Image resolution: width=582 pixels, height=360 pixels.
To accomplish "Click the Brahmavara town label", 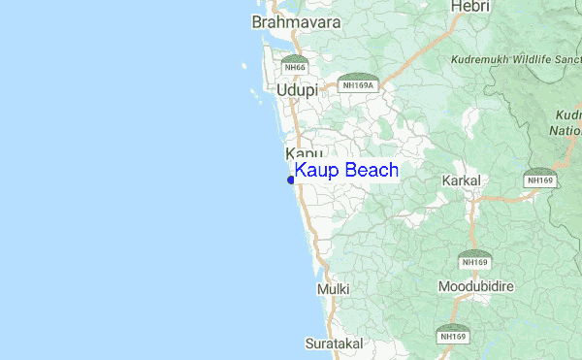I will point(290,20).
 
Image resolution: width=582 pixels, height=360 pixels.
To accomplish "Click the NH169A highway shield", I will point(359,82).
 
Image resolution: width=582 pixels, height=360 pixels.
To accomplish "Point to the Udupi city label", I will point(297,90).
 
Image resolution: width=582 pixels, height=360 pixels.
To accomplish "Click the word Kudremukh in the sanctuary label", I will point(480,59).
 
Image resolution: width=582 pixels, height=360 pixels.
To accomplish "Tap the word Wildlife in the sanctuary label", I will point(534,59).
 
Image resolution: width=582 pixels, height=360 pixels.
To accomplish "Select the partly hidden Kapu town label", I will point(304,154).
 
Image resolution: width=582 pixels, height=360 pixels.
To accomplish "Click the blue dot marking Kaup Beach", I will point(291,179).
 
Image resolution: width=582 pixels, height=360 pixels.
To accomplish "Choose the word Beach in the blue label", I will point(369,171).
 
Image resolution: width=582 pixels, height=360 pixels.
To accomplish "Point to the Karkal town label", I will point(461,181).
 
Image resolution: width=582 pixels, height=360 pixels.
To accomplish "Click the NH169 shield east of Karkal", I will point(538,179).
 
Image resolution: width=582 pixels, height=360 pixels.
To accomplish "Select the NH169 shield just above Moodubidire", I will point(474,260).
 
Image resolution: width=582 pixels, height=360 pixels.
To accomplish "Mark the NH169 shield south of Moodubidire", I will point(450,334).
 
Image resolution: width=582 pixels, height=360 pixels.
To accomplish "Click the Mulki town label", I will point(331,289).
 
